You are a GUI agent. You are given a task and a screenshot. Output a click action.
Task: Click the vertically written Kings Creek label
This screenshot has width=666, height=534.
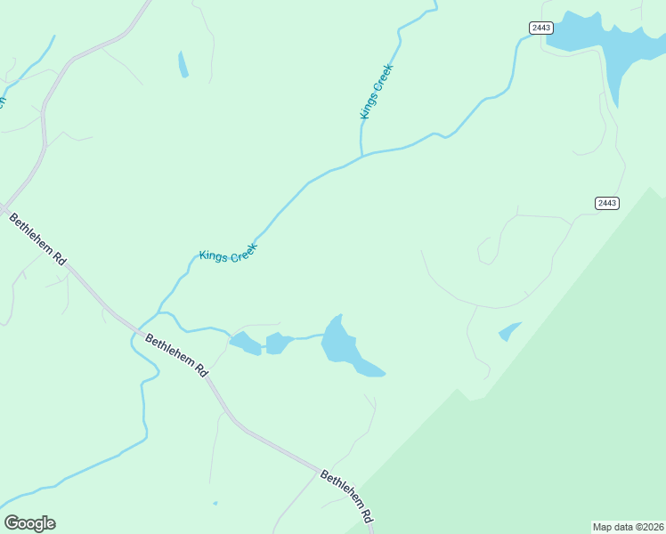376,91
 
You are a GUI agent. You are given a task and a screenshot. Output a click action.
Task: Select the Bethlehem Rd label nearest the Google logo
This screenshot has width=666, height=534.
38,239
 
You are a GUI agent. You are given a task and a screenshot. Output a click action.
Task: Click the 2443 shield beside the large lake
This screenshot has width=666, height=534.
540,28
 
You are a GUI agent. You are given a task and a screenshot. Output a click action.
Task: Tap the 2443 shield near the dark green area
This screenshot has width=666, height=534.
606,203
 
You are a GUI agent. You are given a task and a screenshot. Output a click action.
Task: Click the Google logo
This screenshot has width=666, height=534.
29,523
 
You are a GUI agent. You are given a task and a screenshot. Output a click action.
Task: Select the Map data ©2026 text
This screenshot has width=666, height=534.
628,526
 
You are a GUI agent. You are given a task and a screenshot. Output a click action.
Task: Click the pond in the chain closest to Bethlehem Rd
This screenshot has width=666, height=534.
243,342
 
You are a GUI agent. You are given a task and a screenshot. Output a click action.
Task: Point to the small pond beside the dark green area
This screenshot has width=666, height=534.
508,332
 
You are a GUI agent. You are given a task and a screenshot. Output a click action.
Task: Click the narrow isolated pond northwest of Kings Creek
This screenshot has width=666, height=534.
183,64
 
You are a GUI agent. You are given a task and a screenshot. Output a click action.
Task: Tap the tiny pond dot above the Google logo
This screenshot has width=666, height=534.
215,503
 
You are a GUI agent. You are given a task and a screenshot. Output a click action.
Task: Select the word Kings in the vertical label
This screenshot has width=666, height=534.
369,106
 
